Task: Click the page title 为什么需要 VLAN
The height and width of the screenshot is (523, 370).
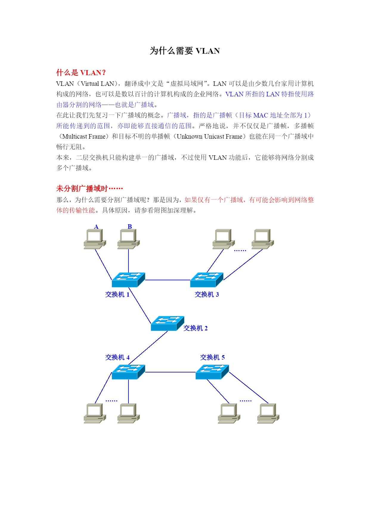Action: (x=185, y=51)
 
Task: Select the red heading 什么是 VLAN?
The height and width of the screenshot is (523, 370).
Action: (x=81, y=72)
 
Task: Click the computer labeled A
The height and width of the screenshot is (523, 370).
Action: (x=95, y=239)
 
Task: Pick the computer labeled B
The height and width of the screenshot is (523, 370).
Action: (x=129, y=239)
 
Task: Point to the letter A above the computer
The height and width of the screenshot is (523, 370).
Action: (x=96, y=227)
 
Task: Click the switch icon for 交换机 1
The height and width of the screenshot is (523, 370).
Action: (x=128, y=280)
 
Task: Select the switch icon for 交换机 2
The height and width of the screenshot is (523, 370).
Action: (x=168, y=323)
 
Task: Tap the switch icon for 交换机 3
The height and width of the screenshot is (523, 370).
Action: (x=207, y=280)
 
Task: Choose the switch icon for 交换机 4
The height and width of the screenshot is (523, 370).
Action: (x=128, y=372)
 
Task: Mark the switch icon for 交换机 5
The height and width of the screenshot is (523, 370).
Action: (x=212, y=372)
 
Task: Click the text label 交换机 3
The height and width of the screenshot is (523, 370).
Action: (x=207, y=295)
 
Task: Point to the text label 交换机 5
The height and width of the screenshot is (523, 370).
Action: (x=212, y=357)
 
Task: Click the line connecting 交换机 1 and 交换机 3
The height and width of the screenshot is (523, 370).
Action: (x=168, y=280)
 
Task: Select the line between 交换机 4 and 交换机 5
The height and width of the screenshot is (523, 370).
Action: (x=170, y=372)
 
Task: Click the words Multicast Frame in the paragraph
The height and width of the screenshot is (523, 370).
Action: (x=84, y=137)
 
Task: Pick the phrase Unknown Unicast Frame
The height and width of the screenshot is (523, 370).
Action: (x=210, y=137)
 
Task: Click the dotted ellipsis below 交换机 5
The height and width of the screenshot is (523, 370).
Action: (x=246, y=401)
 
